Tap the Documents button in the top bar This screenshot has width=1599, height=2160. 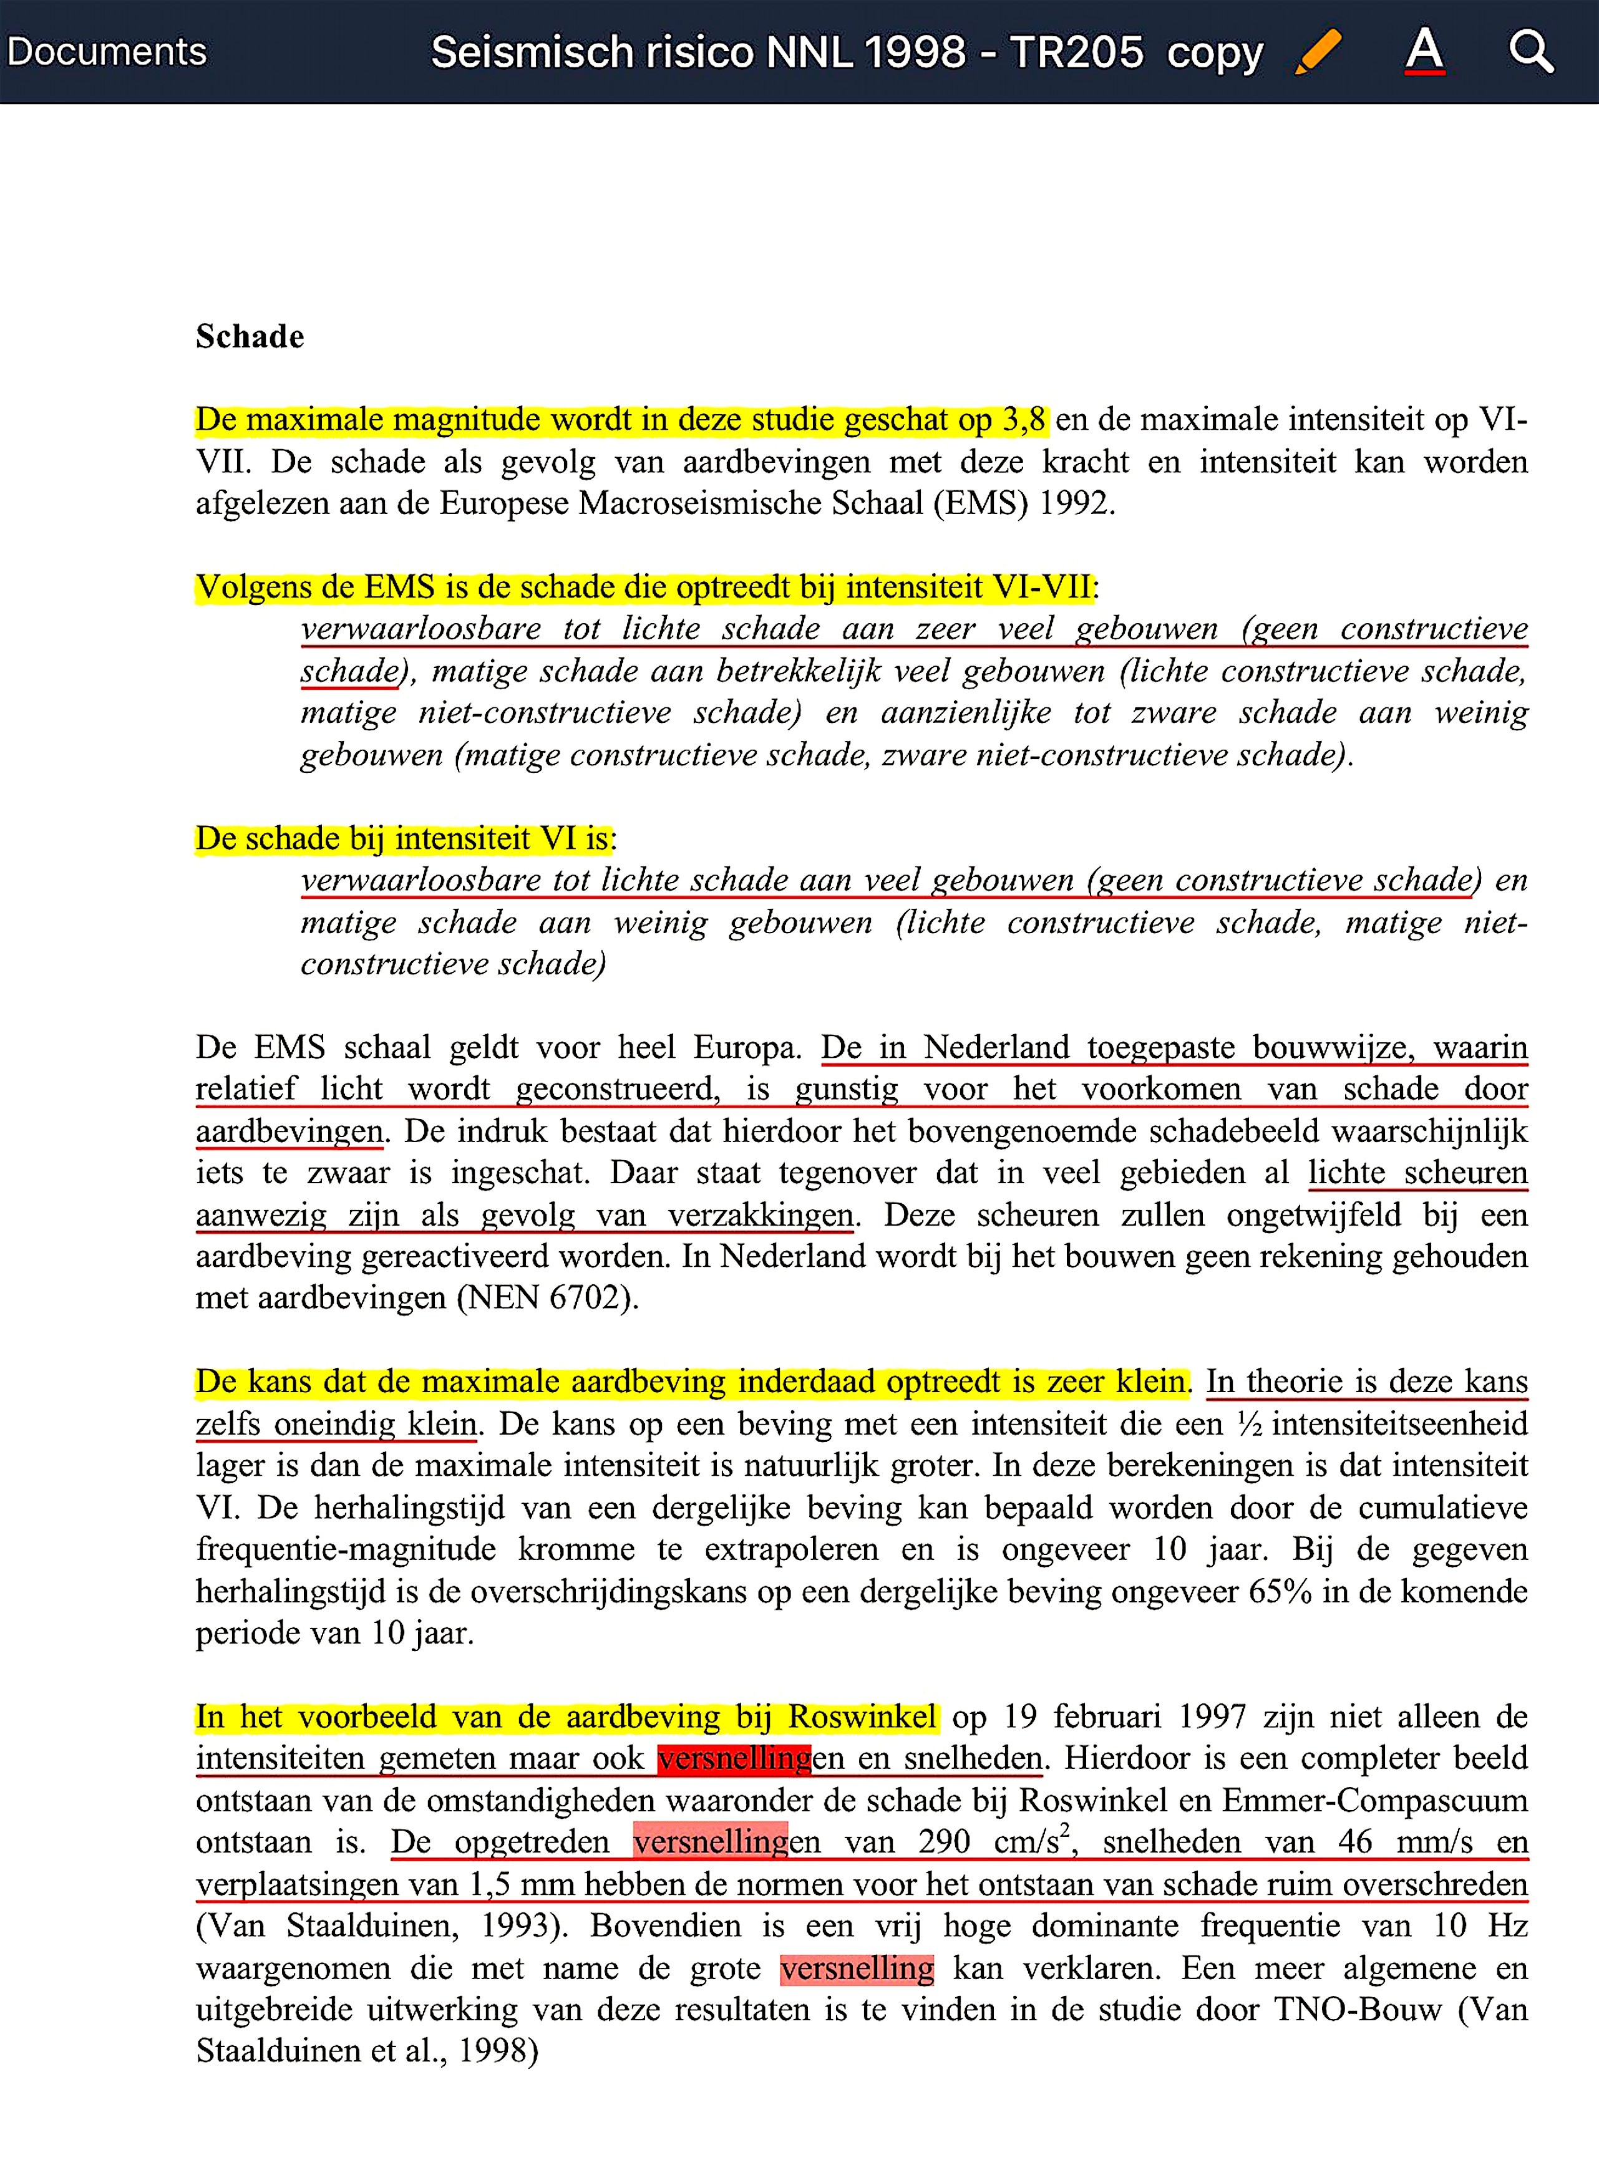(x=107, y=51)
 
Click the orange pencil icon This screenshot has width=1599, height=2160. (x=1318, y=51)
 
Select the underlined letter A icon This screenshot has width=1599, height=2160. (x=1425, y=51)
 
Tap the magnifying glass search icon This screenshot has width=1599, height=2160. (x=1530, y=51)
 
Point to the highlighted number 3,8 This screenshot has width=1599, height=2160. (x=1024, y=420)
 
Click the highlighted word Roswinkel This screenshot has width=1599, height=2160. (x=862, y=1717)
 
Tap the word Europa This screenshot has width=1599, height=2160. (x=746, y=1047)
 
